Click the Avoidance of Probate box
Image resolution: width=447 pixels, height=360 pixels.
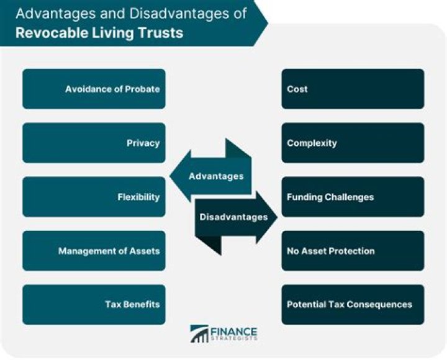(x=94, y=89)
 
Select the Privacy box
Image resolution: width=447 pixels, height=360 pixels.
(x=94, y=143)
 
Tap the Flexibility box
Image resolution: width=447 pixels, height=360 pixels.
(x=94, y=197)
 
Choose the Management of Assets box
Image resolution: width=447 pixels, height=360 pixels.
(x=94, y=251)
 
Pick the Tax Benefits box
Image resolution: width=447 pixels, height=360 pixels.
(x=94, y=305)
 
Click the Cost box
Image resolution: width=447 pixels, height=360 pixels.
(x=353, y=89)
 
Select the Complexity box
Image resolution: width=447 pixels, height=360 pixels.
(x=353, y=143)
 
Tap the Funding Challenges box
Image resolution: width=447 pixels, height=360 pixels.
(x=353, y=197)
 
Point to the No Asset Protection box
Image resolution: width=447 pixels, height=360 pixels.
(x=353, y=251)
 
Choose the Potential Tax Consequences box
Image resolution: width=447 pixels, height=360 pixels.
(x=353, y=305)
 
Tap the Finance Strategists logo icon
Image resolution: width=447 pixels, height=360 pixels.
(x=199, y=333)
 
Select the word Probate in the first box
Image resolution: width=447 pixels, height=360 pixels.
(x=140, y=89)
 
